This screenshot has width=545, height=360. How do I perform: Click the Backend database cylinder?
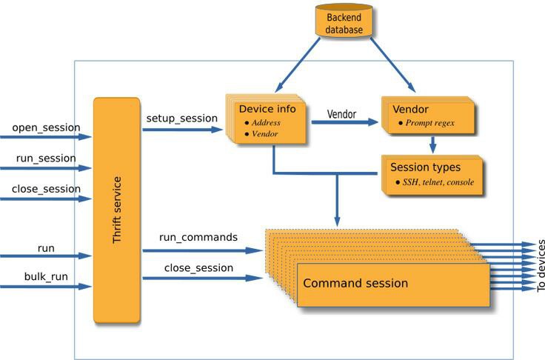click(344, 20)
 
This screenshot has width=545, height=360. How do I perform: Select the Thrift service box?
click(117, 210)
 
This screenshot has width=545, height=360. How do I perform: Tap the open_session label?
click(46, 127)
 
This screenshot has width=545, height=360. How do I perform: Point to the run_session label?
click(46, 159)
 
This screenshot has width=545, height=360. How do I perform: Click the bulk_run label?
click(46, 277)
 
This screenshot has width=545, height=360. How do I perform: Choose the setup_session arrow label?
click(181, 119)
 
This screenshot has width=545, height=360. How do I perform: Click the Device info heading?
click(267, 109)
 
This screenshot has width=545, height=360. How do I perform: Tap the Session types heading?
click(426, 167)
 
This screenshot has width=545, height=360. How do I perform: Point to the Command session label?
click(355, 283)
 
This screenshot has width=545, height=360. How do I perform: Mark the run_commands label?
click(198, 237)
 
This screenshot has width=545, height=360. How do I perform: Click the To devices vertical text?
click(541, 265)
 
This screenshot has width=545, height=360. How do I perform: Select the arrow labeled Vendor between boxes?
click(345, 122)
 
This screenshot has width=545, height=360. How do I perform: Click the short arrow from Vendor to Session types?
click(432, 145)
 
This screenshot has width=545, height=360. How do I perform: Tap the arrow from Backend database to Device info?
click(298, 64)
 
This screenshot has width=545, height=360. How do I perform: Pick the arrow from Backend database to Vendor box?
click(392, 64)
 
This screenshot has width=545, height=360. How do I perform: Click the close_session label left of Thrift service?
click(46, 189)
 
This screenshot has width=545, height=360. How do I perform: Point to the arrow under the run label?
click(46, 256)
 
